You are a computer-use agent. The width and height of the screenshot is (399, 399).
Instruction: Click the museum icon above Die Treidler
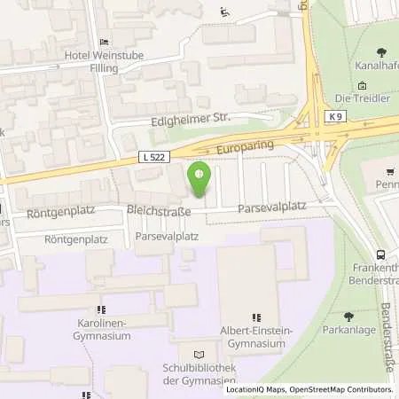click(x=362, y=85)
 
